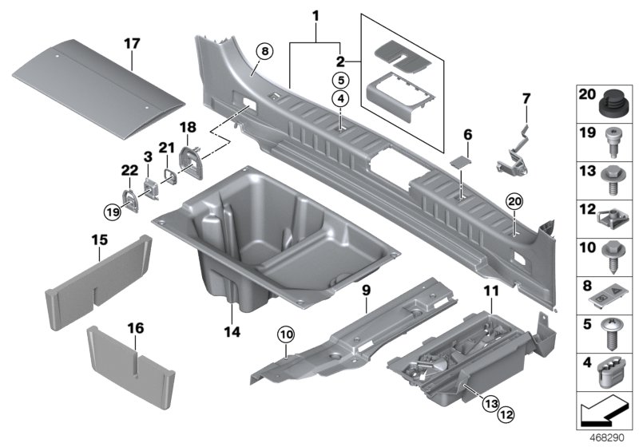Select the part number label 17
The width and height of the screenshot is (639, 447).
pyautogui.click(x=131, y=42)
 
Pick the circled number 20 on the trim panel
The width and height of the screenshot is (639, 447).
pyautogui.click(x=512, y=201)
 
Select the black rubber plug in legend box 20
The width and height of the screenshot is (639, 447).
pyautogui.click(x=611, y=103)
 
